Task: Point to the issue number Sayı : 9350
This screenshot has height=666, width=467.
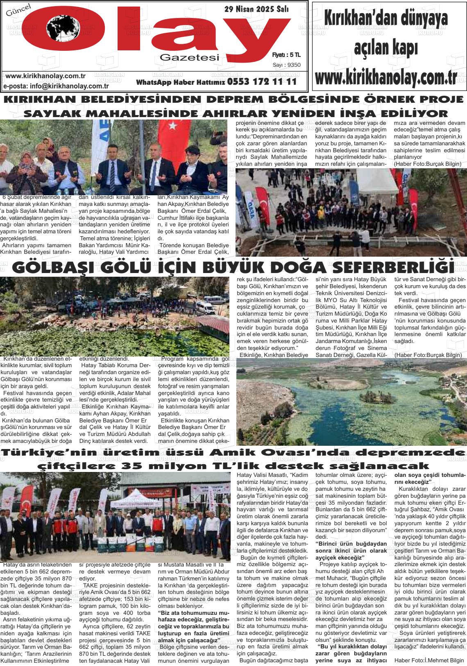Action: (x=286, y=65)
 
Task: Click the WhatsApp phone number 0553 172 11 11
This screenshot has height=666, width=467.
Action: (x=262, y=81)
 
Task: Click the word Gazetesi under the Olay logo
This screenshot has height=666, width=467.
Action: (x=190, y=58)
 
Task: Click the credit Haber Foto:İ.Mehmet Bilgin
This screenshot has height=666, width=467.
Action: (x=429, y=660)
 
